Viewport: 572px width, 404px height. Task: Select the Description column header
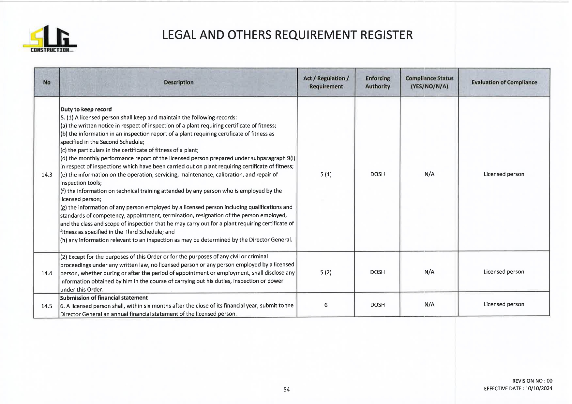(x=178, y=82)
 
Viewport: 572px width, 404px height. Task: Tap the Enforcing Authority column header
(x=377, y=82)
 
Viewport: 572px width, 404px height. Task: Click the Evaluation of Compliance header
(x=504, y=82)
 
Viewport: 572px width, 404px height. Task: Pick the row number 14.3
(x=47, y=175)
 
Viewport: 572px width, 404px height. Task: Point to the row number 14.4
(x=47, y=273)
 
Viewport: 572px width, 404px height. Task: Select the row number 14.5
(x=47, y=306)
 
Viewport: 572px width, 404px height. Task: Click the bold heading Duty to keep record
(x=86, y=109)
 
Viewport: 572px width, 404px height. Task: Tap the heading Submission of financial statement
(x=104, y=298)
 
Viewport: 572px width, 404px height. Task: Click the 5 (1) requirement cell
(x=326, y=174)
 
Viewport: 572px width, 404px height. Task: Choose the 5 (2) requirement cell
(x=326, y=272)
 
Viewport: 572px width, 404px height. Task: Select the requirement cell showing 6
(x=326, y=305)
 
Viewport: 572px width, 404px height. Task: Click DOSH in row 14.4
(x=377, y=272)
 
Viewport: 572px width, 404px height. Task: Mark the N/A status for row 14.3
(x=429, y=174)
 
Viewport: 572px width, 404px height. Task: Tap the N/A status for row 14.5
(x=429, y=305)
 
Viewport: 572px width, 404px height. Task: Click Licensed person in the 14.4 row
(x=504, y=272)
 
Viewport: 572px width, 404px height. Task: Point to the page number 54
(x=286, y=389)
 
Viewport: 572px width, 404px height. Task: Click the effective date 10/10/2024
(x=539, y=388)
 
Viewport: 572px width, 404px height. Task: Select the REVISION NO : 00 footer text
(x=532, y=381)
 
